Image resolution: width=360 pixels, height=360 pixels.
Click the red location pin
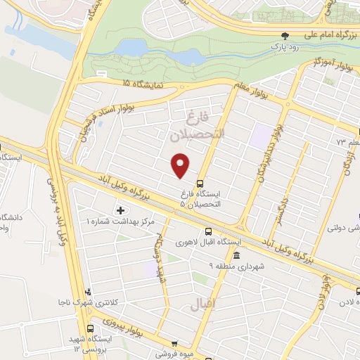tap(181, 165)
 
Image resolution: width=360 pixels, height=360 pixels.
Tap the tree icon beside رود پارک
tap(285, 34)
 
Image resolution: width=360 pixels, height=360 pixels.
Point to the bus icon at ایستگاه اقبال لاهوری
tap(209, 231)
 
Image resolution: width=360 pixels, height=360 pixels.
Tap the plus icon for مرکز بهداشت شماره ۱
tap(120, 210)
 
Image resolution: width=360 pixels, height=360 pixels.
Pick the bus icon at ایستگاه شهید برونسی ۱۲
tap(90, 328)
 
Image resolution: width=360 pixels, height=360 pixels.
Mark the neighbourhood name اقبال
tap(202, 304)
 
